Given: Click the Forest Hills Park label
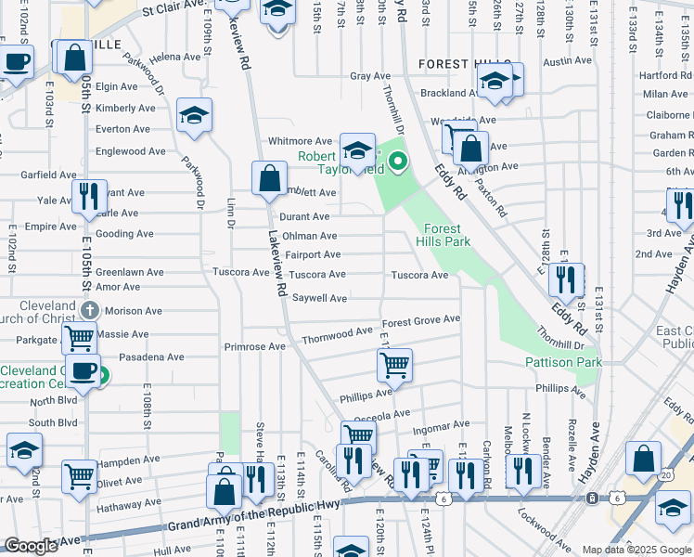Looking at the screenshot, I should click(x=447, y=235).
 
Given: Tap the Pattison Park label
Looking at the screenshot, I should click(x=563, y=362).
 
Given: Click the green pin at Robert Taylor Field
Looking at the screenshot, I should click(x=398, y=162).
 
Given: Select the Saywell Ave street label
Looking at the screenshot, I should click(x=320, y=298).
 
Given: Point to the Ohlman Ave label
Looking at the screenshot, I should click(x=310, y=236).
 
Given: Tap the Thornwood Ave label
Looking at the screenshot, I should click(x=337, y=331).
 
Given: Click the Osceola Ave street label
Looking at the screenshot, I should click(x=388, y=415).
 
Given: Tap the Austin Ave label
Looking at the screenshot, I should click(x=567, y=61).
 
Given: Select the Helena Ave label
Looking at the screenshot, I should click(x=175, y=57).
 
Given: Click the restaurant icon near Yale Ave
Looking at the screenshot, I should click(x=90, y=195).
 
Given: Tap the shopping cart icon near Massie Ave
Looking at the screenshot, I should click(x=80, y=339).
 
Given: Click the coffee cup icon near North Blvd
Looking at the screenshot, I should click(x=84, y=371).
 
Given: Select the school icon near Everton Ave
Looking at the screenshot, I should click(x=195, y=116).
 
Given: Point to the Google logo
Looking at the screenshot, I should click(x=32, y=546).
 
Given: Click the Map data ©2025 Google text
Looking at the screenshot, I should click(x=636, y=550).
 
